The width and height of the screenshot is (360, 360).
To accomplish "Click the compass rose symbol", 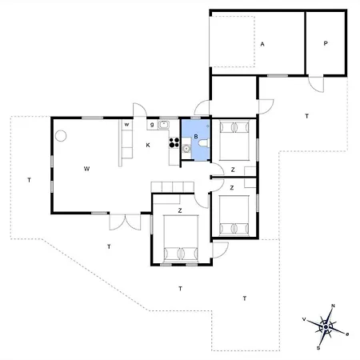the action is click(x=326, y=327).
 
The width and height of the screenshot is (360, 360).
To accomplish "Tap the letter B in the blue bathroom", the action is click(x=196, y=137).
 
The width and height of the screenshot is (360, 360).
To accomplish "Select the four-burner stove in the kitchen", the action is click(x=174, y=142).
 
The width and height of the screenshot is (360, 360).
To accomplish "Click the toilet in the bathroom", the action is click(x=204, y=143).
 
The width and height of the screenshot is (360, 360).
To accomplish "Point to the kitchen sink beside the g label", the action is click(x=163, y=125).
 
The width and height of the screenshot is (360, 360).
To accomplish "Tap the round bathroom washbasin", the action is click(x=186, y=148).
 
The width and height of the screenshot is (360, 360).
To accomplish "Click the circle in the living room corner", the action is click(x=61, y=136).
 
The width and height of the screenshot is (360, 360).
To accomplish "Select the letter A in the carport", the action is click(x=262, y=44).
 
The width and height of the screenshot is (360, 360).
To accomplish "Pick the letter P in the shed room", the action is click(x=326, y=43).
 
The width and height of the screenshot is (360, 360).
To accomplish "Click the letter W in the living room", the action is click(x=86, y=169).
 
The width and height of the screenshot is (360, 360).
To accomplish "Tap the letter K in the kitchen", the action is click(x=148, y=145).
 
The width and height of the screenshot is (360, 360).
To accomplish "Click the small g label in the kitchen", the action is click(x=152, y=125).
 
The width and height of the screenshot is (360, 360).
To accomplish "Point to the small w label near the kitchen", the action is click(x=127, y=125).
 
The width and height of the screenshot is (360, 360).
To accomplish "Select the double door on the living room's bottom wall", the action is click(x=125, y=222).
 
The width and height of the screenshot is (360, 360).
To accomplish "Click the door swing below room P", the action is click(x=316, y=84).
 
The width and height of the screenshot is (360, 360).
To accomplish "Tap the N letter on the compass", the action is click(x=333, y=306).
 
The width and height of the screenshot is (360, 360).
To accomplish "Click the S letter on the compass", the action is click(x=318, y=348).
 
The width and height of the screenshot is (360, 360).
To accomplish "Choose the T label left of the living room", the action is click(x=29, y=180).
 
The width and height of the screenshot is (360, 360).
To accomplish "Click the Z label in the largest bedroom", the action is click(x=180, y=210).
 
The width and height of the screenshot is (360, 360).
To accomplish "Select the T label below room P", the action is click(x=307, y=116).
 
